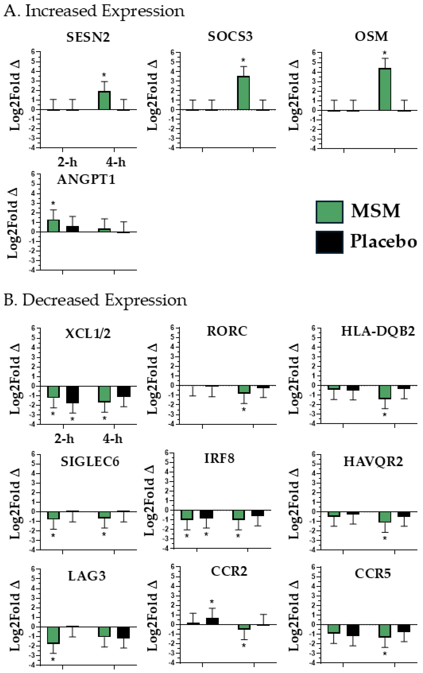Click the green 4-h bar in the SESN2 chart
pos(104,100)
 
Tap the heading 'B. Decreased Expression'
pos(95,300)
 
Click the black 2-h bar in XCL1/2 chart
pos(72,395)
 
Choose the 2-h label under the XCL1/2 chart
pos(64,439)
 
